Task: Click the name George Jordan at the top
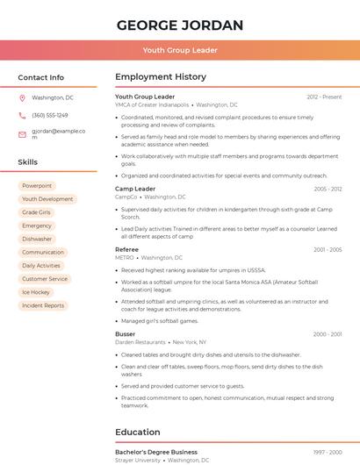180,25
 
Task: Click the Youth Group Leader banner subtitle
180,50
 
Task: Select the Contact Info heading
41,77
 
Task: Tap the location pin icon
22,98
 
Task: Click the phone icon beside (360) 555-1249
22,116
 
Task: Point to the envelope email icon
22,134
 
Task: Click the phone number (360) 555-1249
50,116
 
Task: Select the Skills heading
28,162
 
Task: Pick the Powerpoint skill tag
37,186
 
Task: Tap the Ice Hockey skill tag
36,292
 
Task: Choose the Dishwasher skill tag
37,239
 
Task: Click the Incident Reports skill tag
43,305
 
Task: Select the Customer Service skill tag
45,279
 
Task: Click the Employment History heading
161,77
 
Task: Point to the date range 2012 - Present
324,97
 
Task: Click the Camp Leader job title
135,189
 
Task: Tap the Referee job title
127,249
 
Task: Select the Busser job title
126,334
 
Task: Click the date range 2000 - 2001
327,334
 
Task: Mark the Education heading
138,432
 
